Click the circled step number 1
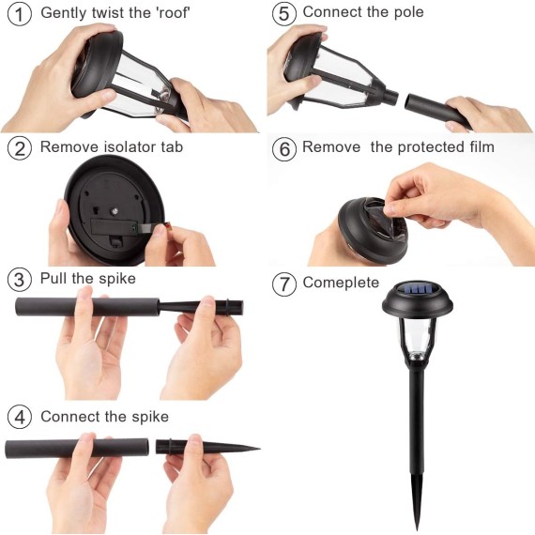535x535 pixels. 20,14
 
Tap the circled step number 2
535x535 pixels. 20,148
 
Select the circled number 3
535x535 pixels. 20,280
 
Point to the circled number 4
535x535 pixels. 20,417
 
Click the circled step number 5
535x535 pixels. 284,14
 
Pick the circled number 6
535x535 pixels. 284,148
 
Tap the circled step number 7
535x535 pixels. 284,283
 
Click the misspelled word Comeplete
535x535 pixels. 341,283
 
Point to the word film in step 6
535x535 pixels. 481,146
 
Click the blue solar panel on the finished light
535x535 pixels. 417,290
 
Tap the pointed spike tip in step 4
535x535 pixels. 259,449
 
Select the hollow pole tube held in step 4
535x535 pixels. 77,448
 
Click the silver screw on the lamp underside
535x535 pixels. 115,211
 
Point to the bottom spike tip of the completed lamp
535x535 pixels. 418,529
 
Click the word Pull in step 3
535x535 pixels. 53,278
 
